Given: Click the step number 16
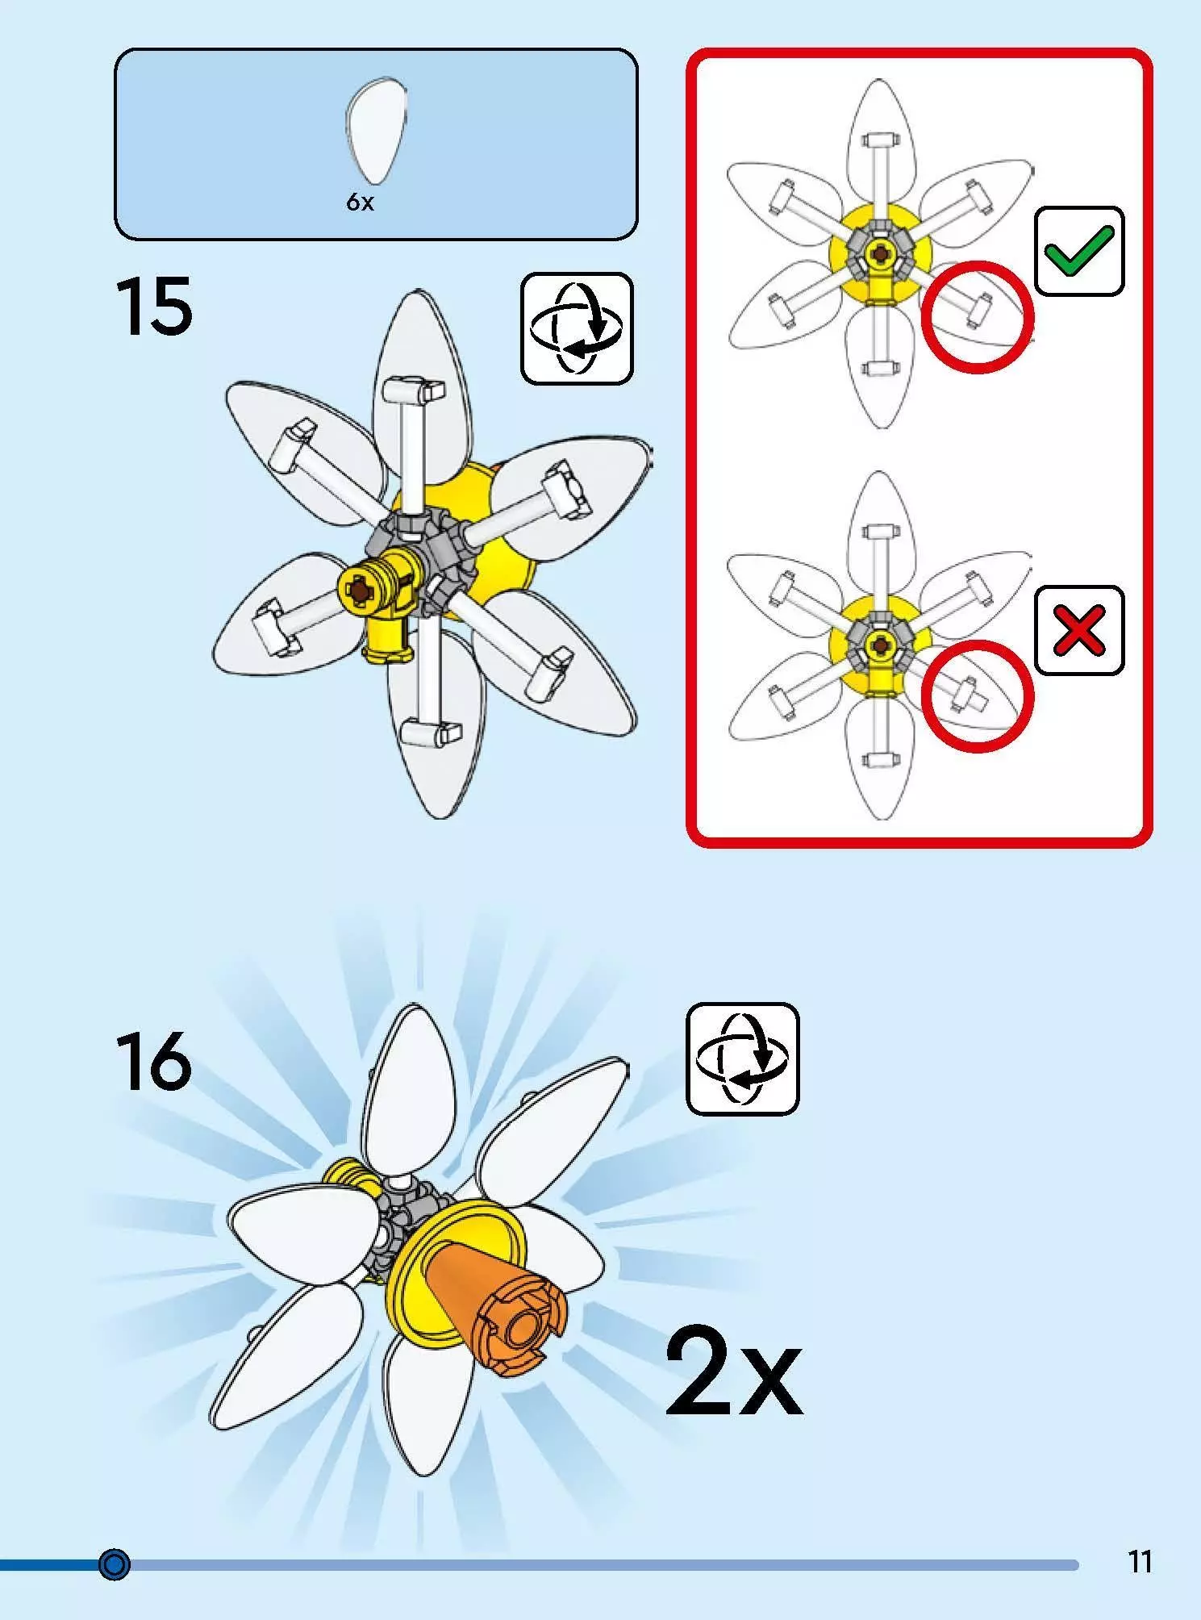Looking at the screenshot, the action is coord(154,1060).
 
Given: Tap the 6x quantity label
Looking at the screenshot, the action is coord(360,202).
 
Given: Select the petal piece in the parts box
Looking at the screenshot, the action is coord(376,132).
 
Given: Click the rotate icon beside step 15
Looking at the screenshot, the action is coord(577,328).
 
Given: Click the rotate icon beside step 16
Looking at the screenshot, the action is coord(742,1058).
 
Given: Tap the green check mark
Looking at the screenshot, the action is coord(1079,250).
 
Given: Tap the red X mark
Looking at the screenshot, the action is coord(1079,630).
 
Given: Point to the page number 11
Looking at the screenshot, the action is coord(1140,1562).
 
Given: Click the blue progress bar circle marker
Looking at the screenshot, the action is coord(114,1564).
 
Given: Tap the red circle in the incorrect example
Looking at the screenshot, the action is coord(977,695).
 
